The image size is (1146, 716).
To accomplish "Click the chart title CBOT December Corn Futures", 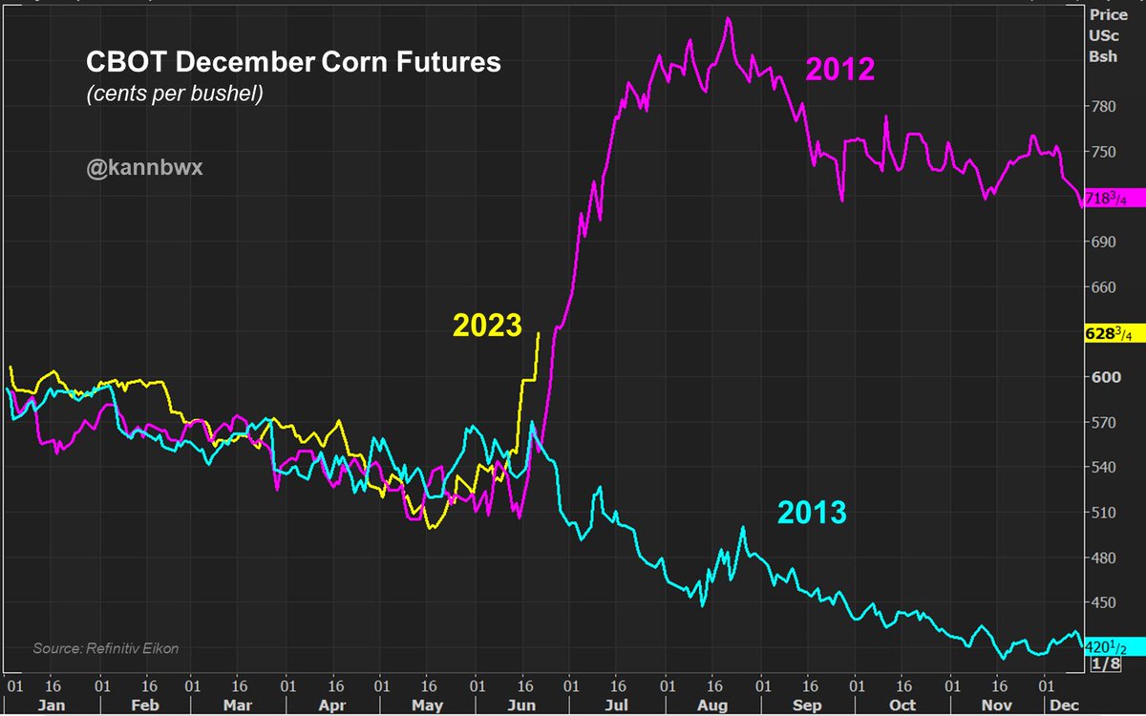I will (x=293, y=63).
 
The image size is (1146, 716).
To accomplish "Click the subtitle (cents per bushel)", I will (x=174, y=95).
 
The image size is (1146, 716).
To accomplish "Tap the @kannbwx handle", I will (x=144, y=168).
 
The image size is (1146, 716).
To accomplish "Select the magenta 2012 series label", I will (x=840, y=70).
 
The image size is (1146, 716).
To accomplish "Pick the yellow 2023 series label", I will (x=487, y=326).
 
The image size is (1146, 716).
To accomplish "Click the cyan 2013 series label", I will (x=812, y=513).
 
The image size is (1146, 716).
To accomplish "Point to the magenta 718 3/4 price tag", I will (x=1106, y=199).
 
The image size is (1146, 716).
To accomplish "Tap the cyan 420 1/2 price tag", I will (x=1106, y=647).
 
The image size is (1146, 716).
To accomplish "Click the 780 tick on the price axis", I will (x=1103, y=106).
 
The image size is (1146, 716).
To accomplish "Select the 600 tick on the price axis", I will (x=1103, y=377).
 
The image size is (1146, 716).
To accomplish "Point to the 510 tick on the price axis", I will (x=1103, y=513).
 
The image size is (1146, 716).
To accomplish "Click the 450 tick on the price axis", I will (x=1103, y=602).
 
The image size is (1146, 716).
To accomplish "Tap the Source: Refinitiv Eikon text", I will (x=106, y=648).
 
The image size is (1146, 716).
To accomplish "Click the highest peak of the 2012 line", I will (x=729, y=18).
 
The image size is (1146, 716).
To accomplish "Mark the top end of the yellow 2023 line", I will (x=539, y=332).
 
